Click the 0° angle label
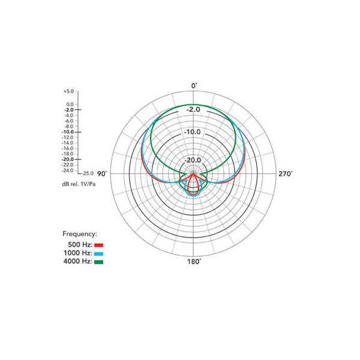click(194, 86)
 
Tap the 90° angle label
click(102, 174)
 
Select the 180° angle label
click(194, 262)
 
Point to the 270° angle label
click(286, 174)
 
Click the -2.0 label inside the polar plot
click(193, 110)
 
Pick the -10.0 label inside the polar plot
click(192, 132)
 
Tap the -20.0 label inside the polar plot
click(193, 160)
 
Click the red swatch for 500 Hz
click(99, 245)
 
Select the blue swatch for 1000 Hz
click(99, 254)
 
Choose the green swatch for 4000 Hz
click(99, 262)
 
